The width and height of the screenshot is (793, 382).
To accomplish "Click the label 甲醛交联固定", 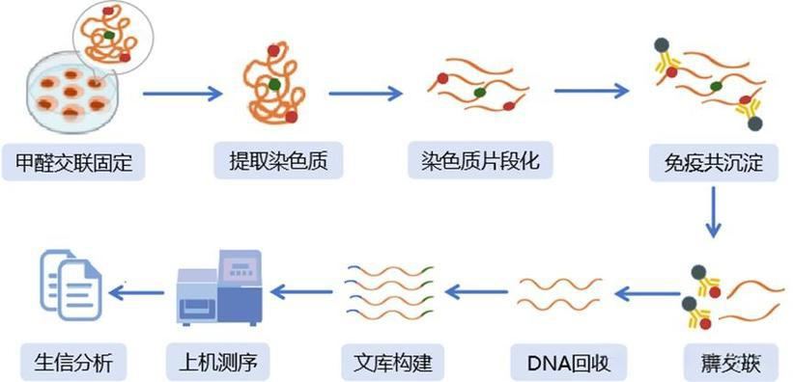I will click(x=73, y=162).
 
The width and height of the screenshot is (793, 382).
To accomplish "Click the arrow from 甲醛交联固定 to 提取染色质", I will click(x=183, y=94).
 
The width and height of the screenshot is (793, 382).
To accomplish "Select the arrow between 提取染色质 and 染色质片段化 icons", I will click(x=365, y=94).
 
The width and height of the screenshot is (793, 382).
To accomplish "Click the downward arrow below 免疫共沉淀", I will click(x=713, y=212).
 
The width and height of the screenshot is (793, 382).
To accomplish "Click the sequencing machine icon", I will click(x=219, y=286).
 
